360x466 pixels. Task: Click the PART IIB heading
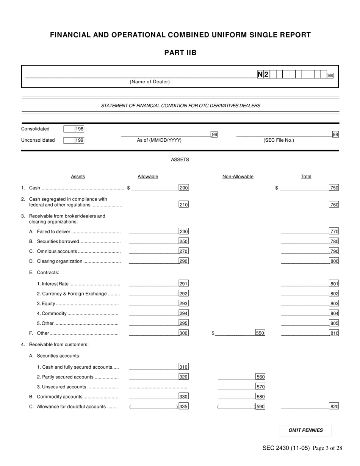180,53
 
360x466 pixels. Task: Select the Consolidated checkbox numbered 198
69,129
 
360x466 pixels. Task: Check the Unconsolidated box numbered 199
69,140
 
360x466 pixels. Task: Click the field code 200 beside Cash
183,188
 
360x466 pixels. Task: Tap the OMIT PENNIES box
305,430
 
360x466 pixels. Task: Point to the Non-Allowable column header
238,177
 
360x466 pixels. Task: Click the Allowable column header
148,177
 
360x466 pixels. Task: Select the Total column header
306,177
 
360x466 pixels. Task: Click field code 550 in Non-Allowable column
260,333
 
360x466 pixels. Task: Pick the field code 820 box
334,407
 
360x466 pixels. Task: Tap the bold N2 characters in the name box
263,75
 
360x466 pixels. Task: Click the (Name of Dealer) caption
150,82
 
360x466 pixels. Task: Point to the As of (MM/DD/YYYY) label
159,140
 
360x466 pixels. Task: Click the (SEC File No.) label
279,140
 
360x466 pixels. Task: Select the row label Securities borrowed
58,241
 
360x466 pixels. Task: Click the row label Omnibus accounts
57,251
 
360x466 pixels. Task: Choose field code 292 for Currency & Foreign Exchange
183,294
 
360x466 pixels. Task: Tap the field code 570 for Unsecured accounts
260,387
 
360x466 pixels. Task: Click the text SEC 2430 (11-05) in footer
286,448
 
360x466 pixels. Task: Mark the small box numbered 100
330,76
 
